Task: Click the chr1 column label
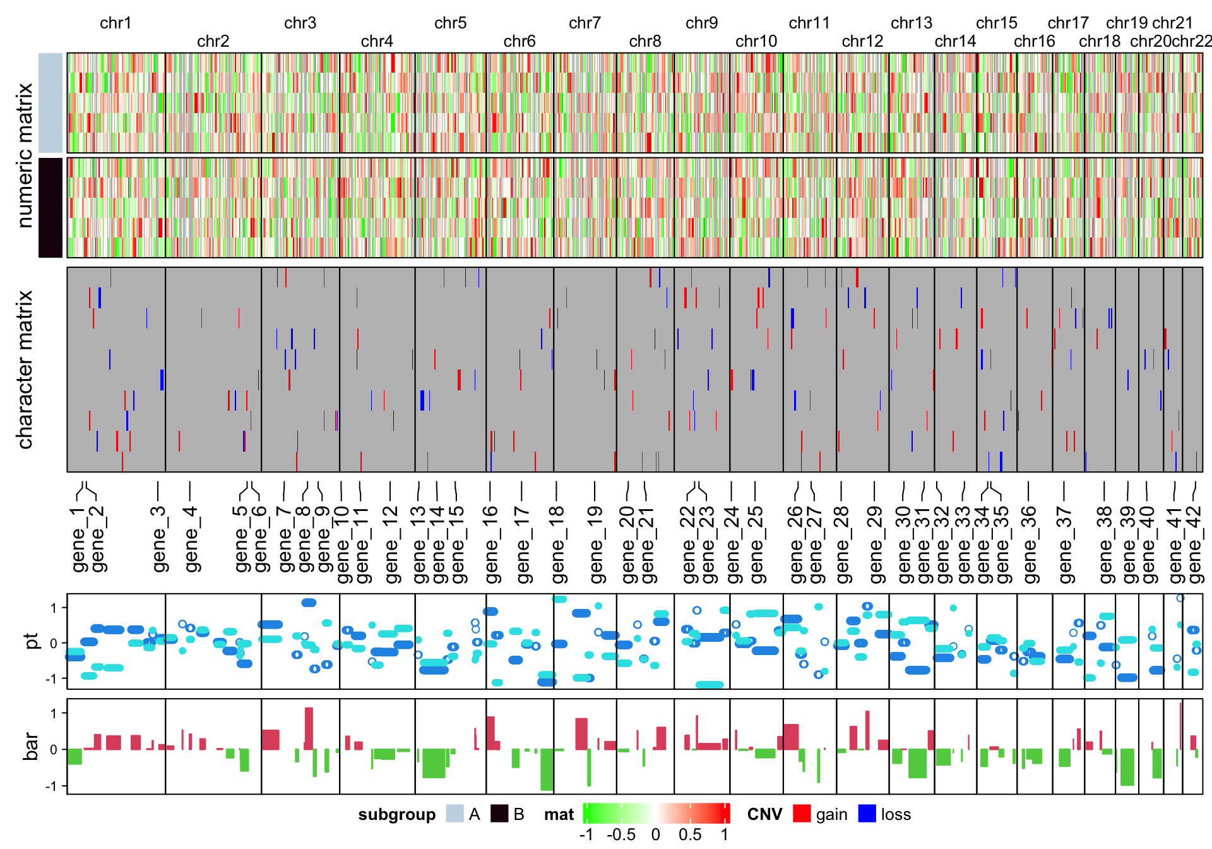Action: point(116,23)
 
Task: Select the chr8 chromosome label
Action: point(645,42)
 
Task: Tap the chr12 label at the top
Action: point(862,42)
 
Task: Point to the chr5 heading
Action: point(450,23)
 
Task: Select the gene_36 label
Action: point(1029,544)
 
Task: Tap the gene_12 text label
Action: point(391,544)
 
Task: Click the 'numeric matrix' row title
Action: point(25,155)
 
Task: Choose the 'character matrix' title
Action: point(25,370)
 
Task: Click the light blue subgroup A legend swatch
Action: point(454,814)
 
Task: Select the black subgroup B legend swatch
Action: point(499,814)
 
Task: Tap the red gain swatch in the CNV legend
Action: point(802,814)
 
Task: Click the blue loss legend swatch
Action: point(867,814)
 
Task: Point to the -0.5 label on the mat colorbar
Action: point(621,835)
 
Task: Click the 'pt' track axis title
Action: point(32,641)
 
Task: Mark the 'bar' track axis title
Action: point(32,747)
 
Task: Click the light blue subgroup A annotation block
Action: point(50,103)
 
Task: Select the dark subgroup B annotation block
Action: point(50,208)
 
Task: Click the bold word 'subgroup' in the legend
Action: point(396,814)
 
